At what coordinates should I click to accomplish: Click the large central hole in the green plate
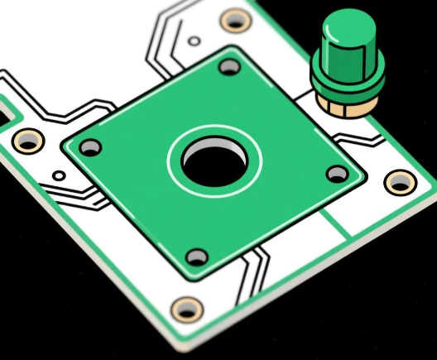pos(214,161)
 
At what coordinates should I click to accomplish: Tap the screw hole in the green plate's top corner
pos(228,69)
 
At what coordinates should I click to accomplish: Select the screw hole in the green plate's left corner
pos(90,148)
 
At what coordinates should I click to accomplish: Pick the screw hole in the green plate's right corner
pos(337,174)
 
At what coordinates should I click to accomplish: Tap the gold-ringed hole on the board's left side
pos(27,140)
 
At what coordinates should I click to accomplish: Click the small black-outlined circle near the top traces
pos(194,40)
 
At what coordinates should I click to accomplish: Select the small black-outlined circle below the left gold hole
pos(58,175)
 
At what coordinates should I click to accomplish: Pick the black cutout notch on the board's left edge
pos(7,110)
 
